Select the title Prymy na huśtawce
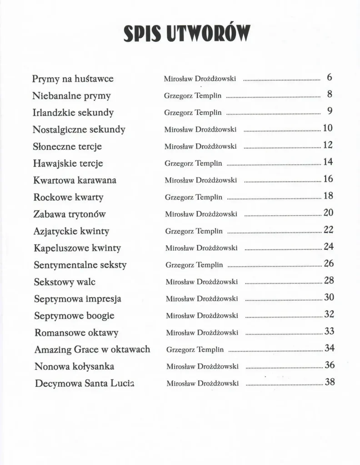73,79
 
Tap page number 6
330,77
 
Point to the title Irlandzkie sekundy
73,113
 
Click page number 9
330,111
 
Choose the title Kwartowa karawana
75,180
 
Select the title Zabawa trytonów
70,214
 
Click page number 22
328,230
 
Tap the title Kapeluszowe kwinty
77,248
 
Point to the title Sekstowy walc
65,282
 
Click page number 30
329,297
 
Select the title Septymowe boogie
74,316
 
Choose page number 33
329,331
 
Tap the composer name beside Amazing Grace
195,350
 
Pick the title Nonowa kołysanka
74,366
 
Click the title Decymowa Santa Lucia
85,383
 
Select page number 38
330,382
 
